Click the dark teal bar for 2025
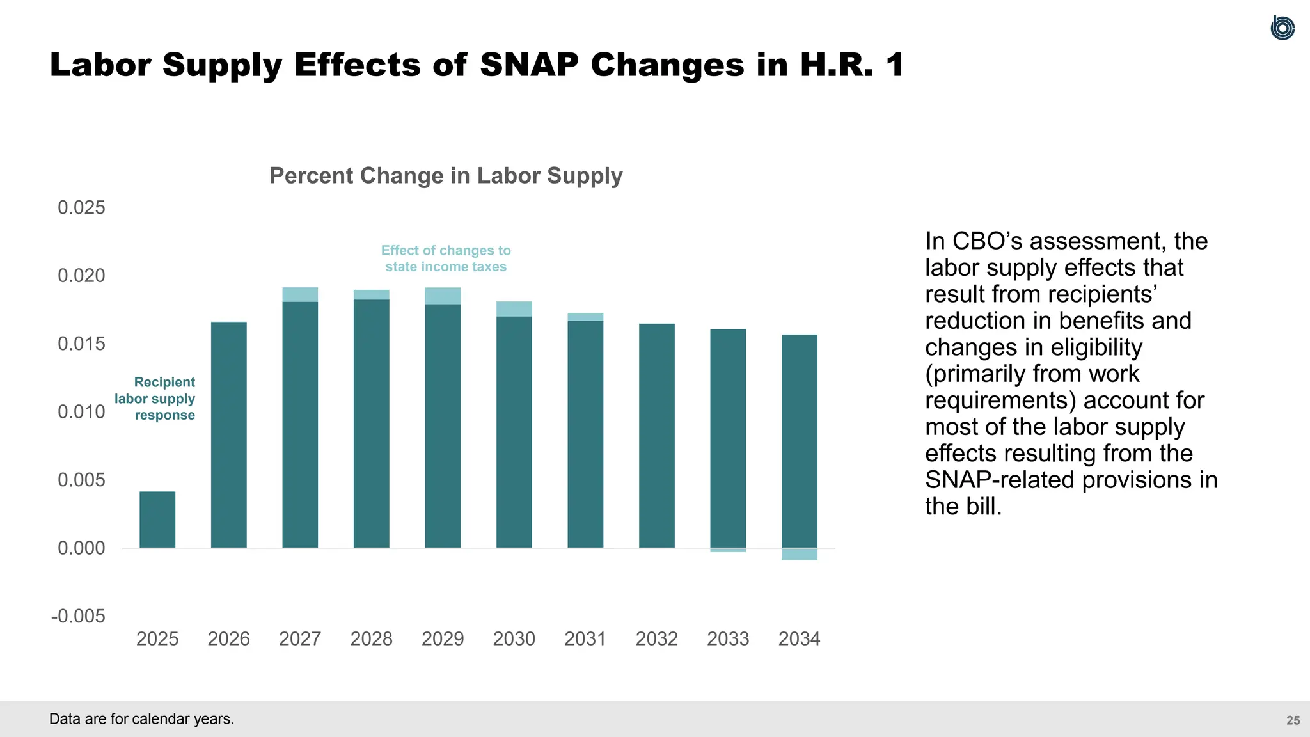(x=157, y=519)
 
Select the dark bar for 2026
(x=229, y=435)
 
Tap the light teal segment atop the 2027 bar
(x=300, y=294)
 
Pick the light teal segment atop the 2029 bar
(x=443, y=296)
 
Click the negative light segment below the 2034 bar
(x=800, y=554)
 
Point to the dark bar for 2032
(x=657, y=435)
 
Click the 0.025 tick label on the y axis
(x=81, y=207)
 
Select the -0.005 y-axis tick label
(x=78, y=616)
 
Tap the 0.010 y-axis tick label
(x=81, y=411)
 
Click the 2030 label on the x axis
(x=514, y=638)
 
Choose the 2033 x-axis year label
(x=728, y=638)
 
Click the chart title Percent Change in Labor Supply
(x=446, y=176)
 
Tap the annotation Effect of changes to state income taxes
(x=446, y=258)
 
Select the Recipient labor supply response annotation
(x=155, y=399)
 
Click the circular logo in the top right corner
(x=1282, y=28)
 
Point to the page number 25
(x=1293, y=720)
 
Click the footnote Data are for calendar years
(x=142, y=719)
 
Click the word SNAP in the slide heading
(x=529, y=65)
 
